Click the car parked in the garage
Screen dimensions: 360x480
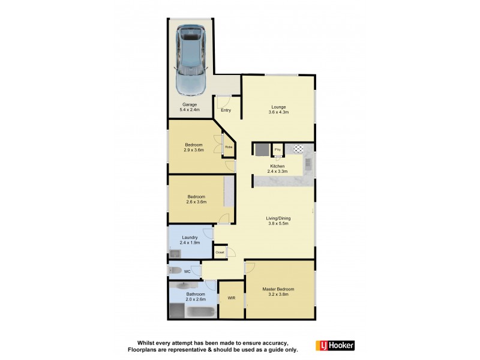[190, 60]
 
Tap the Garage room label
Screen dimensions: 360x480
[190, 107]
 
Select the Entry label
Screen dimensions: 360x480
[226, 110]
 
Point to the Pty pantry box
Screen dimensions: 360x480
[278, 149]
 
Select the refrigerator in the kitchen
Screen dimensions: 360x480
[261, 149]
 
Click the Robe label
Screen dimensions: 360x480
[229, 147]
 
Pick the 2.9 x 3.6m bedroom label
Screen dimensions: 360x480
[194, 148]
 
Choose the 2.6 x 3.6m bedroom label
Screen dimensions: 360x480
[196, 199]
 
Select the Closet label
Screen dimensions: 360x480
[220, 253]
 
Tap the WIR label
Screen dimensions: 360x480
[231, 298]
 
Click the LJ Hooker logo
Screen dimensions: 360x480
[335, 345]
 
